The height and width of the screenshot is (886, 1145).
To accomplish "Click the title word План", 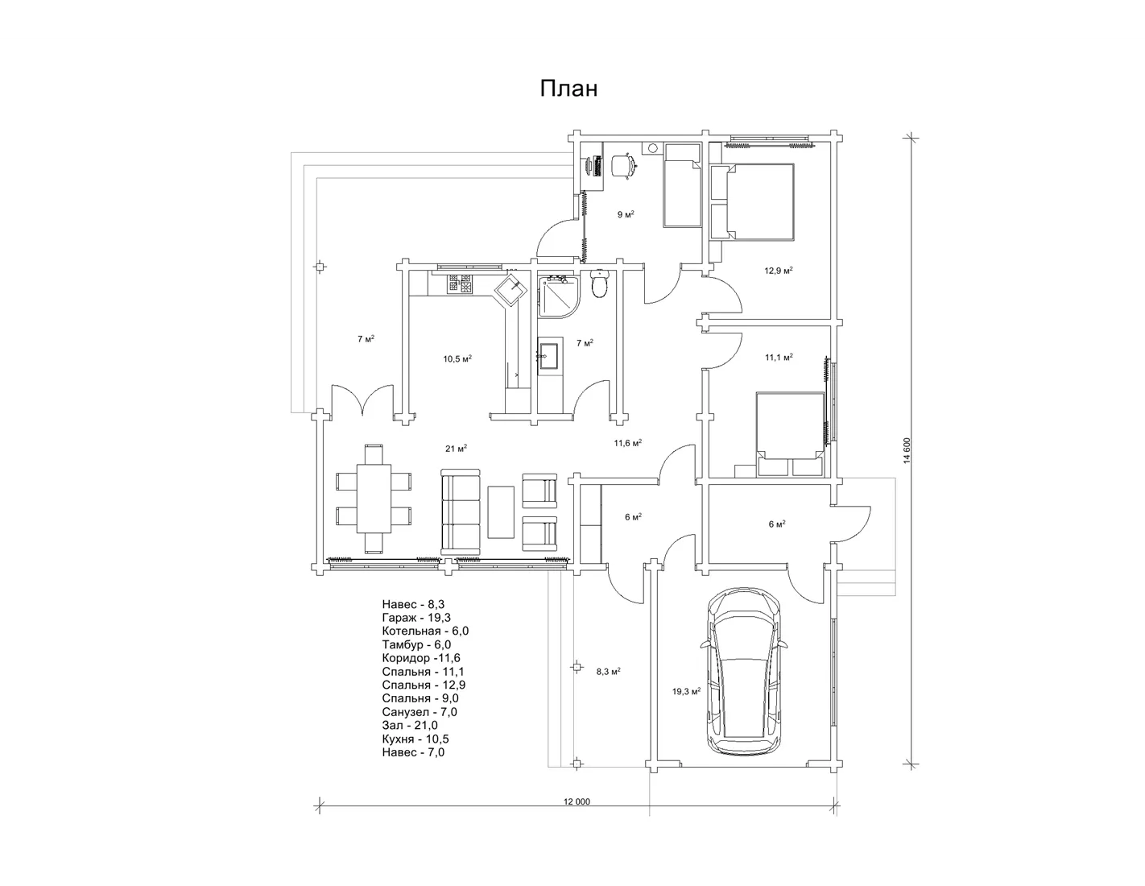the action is (568, 89).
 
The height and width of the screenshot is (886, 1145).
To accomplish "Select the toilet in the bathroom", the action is (599, 284).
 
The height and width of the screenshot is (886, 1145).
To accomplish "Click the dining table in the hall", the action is (374, 499).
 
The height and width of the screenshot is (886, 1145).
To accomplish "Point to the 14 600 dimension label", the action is (907, 450).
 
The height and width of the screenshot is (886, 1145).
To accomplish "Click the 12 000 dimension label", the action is (577, 801).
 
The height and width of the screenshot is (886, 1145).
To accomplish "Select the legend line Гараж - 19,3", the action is (416, 617).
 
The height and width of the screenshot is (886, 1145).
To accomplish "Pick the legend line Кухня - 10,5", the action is (415, 739).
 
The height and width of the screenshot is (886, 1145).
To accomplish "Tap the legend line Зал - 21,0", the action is (410, 725).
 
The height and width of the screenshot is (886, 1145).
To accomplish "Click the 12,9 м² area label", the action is (779, 271).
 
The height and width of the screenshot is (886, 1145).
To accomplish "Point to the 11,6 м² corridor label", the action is (627, 443).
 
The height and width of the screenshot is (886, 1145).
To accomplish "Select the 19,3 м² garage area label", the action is (686, 691).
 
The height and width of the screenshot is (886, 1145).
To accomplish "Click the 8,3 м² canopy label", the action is (608, 672).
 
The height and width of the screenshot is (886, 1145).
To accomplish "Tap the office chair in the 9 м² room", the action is (624, 166).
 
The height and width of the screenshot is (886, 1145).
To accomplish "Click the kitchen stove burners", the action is (460, 284).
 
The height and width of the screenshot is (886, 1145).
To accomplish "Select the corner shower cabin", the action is (559, 296).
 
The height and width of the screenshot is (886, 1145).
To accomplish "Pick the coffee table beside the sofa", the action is (501, 511).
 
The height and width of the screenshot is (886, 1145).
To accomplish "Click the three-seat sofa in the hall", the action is (461, 511).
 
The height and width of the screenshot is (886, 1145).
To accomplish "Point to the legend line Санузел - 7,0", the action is (420, 712).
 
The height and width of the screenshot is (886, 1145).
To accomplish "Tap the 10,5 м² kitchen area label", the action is (457, 359).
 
